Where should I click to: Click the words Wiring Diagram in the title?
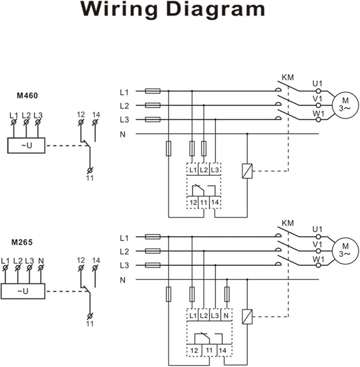pyautogui.click(x=172, y=10)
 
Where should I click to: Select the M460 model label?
pyautogui.click(x=27, y=96)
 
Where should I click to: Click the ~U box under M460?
pyautogui.click(x=26, y=145)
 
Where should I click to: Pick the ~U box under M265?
pyautogui.click(x=23, y=291)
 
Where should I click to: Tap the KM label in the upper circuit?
pyautogui.click(x=288, y=77)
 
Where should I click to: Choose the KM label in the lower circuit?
pyautogui.click(x=288, y=223)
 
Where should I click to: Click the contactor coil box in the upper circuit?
pyautogui.click(x=246, y=171)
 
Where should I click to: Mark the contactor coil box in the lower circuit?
pyautogui.click(x=246, y=317)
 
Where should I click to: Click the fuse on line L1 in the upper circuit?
pyautogui.click(x=153, y=91)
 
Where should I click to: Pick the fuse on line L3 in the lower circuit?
pyautogui.click(x=153, y=265)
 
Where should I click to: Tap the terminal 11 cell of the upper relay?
pyautogui.click(x=204, y=203)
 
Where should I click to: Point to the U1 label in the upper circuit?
pyautogui.click(x=317, y=84)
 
